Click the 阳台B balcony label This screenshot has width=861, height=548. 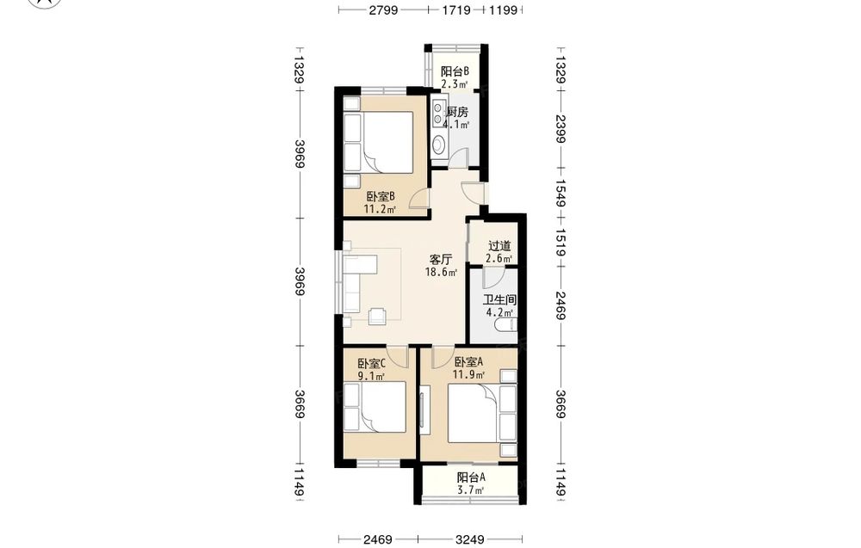(455, 71)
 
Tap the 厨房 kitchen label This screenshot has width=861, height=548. (457, 112)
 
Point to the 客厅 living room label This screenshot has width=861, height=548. (441, 259)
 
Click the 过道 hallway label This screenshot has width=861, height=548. (499, 246)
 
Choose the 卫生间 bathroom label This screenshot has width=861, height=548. (499, 300)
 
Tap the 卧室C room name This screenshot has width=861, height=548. (371, 363)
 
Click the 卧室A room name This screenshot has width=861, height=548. (468, 362)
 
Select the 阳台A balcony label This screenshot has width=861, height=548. (471, 477)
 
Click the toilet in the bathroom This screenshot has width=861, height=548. (505, 326)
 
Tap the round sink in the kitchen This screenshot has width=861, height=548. (439, 145)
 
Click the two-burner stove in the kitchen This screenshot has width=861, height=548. (438, 113)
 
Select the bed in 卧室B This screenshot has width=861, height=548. (378, 143)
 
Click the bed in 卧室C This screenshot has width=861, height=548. (375, 407)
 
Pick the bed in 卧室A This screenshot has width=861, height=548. (482, 414)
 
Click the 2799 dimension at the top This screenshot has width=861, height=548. (383, 9)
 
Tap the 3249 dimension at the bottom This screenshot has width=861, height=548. (470, 539)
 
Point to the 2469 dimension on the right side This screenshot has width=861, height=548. (561, 306)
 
